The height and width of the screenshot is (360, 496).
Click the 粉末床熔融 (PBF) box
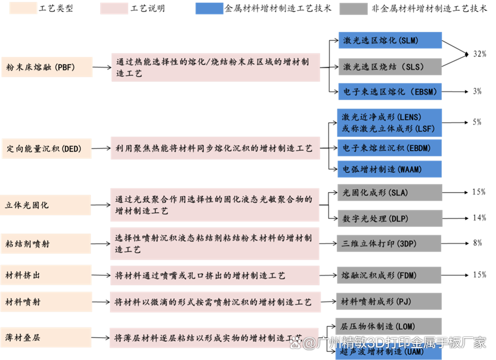tap(46, 67)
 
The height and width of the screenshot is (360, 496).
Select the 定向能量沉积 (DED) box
tap(46, 148)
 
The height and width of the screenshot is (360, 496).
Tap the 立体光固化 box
tap(46, 205)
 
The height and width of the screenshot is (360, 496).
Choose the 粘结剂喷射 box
tap(46, 244)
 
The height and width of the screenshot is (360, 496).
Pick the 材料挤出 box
tap(46, 275)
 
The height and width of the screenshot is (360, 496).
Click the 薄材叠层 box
tap(46, 337)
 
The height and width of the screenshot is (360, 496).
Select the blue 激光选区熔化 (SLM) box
tap(390, 40)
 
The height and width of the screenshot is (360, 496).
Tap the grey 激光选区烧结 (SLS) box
tap(390, 66)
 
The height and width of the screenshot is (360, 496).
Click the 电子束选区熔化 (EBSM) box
tap(390, 92)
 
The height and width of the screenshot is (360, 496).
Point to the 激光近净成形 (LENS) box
tap(390, 123)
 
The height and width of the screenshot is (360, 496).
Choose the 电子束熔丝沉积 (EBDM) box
tap(390, 147)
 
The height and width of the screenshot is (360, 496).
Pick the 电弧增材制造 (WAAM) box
tap(390, 169)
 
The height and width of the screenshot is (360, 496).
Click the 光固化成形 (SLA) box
tap(390, 193)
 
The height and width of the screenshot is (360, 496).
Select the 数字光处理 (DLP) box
tap(390, 218)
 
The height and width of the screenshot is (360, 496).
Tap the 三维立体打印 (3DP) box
tap(390, 243)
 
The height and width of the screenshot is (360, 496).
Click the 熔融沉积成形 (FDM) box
tap(390, 275)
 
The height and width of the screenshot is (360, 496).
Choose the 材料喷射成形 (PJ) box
tap(390, 301)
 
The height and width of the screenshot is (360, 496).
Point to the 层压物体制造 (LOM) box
tap(390, 326)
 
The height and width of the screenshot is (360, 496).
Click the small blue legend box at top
tap(209, 9)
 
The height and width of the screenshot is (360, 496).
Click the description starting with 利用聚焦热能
tap(215, 148)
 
